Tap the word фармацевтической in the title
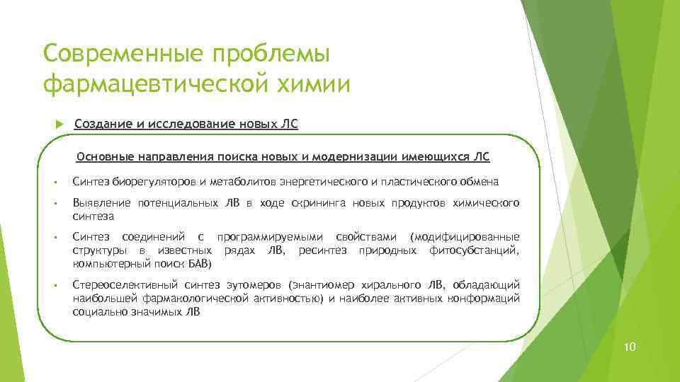tap(152, 84)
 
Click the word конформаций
tap(487, 299)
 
